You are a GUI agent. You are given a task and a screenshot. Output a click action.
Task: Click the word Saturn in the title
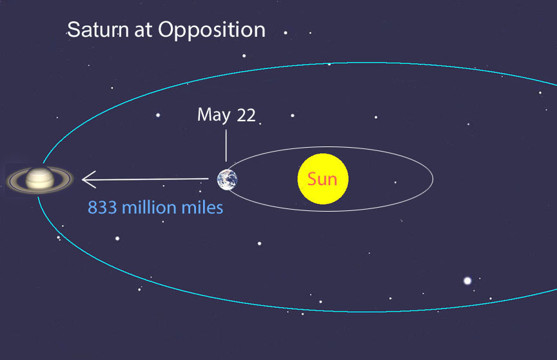click(98, 30)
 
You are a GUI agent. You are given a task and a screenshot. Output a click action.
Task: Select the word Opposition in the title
click(211, 30)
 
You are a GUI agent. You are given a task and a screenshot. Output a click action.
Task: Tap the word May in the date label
click(214, 115)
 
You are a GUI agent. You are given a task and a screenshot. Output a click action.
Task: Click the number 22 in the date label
click(246, 115)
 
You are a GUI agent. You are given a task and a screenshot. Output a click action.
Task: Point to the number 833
click(103, 208)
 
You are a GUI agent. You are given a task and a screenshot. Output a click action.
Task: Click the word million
click(149, 208)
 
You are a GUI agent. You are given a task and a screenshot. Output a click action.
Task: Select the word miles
click(202, 208)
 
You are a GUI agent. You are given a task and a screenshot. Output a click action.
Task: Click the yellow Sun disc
click(323, 179)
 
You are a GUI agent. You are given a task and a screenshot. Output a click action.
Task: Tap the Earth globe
click(228, 179)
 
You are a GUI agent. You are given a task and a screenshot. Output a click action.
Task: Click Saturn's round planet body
click(40, 179)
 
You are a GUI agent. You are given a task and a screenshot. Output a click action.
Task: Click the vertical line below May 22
click(226, 145)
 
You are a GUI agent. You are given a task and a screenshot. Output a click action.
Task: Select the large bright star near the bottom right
click(467, 281)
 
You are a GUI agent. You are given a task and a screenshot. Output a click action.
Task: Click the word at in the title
click(143, 30)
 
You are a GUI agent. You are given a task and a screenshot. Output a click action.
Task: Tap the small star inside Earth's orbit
click(395, 183)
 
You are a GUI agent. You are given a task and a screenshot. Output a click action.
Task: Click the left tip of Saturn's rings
click(6, 180)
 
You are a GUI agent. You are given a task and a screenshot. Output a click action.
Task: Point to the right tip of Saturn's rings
click(73, 179)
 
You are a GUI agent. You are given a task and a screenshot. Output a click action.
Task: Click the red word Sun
click(322, 179)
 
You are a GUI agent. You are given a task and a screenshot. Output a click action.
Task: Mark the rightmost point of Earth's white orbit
click(433, 179)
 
